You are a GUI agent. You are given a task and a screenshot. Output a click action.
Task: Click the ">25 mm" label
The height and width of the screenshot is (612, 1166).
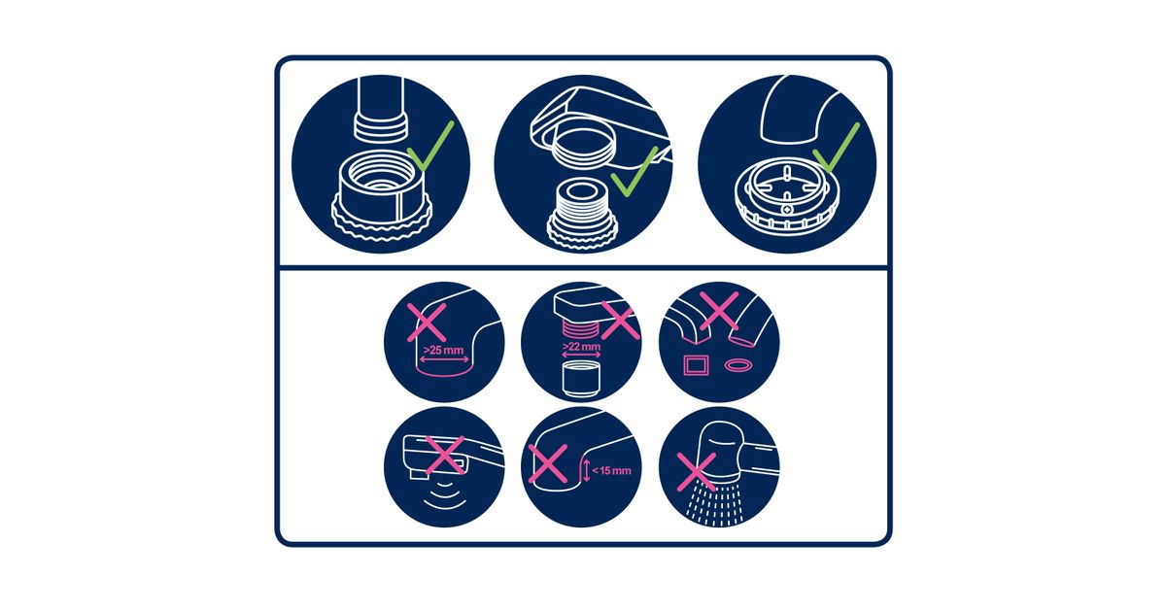tap(443, 350)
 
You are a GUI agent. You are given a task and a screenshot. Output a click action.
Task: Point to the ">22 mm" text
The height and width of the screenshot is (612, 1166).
tap(581, 347)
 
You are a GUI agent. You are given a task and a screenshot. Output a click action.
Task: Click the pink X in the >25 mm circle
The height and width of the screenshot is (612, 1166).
tap(427, 323)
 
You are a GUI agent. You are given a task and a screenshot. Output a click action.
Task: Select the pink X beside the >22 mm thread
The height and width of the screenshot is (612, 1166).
tap(620, 322)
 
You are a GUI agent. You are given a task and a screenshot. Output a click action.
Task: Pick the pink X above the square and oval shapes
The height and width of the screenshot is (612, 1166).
tap(719, 311)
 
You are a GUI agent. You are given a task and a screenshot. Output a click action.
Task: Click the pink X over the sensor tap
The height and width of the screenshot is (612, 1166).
tap(445, 456)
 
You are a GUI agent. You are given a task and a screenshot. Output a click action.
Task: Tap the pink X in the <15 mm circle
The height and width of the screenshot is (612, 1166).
tap(548, 463)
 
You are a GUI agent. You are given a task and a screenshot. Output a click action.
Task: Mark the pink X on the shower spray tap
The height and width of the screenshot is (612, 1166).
tap(697, 472)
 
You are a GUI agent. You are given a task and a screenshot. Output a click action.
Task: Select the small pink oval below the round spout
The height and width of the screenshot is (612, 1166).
tap(738, 365)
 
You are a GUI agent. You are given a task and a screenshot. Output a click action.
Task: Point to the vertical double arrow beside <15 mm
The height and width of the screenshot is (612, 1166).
tap(587, 470)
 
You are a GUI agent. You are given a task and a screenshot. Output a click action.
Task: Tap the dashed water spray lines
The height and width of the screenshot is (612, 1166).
tap(712, 502)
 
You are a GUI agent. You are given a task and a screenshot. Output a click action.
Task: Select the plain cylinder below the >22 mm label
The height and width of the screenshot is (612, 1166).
tap(581, 380)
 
